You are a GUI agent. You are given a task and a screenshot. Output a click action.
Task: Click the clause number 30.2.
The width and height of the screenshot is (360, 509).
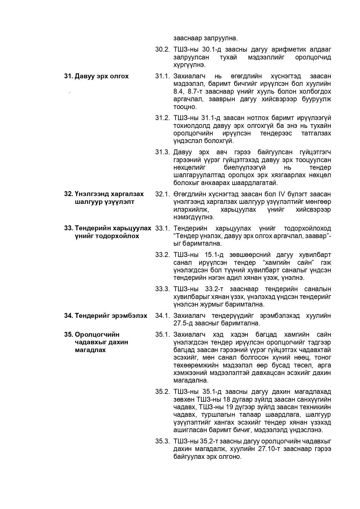coord(162,49)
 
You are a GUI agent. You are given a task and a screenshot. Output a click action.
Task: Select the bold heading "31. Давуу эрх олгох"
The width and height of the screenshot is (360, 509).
coord(96,76)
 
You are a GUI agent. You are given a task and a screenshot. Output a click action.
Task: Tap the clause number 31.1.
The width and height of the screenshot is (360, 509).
coord(162,76)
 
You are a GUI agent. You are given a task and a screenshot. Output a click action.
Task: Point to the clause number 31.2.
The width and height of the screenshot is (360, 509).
coord(162,118)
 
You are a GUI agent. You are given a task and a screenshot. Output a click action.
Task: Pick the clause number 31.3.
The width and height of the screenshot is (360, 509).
coord(162,152)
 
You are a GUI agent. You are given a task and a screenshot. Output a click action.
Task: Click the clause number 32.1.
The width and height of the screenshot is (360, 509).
coord(162,194)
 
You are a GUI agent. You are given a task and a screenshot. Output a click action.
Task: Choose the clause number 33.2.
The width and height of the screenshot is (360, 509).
coord(162,255)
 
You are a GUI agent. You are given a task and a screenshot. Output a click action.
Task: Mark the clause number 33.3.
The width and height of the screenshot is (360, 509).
coord(162,289)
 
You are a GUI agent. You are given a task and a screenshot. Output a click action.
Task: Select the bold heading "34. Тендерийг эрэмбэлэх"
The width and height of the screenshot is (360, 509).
coord(106,316)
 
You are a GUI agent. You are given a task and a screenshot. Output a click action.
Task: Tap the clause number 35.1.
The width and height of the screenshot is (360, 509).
coord(162,335)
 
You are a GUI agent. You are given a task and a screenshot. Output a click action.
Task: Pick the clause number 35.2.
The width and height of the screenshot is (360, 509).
coord(162,392)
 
